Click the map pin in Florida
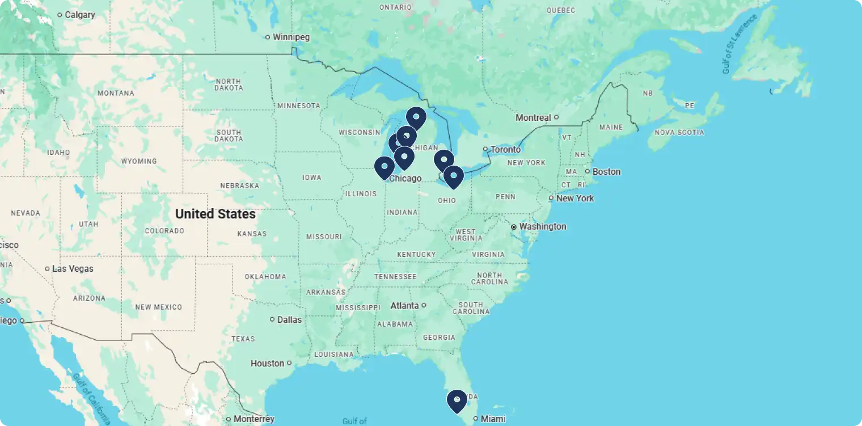(457, 401)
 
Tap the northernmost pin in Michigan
(416, 117)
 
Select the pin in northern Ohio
(453, 176)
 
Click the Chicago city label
(405, 179)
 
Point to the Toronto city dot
(485, 149)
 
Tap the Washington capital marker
(514, 226)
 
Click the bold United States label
(215, 214)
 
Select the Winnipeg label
(291, 37)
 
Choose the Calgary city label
(79, 15)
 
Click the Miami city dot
(476, 419)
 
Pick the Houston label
(267, 363)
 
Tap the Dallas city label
(289, 319)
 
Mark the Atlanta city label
(405, 306)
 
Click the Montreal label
(533, 117)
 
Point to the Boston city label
(606, 171)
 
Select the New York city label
(575, 198)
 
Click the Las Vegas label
(73, 268)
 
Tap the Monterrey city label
(254, 419)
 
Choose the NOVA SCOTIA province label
(679, 132)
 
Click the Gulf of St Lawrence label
(740, 44)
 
